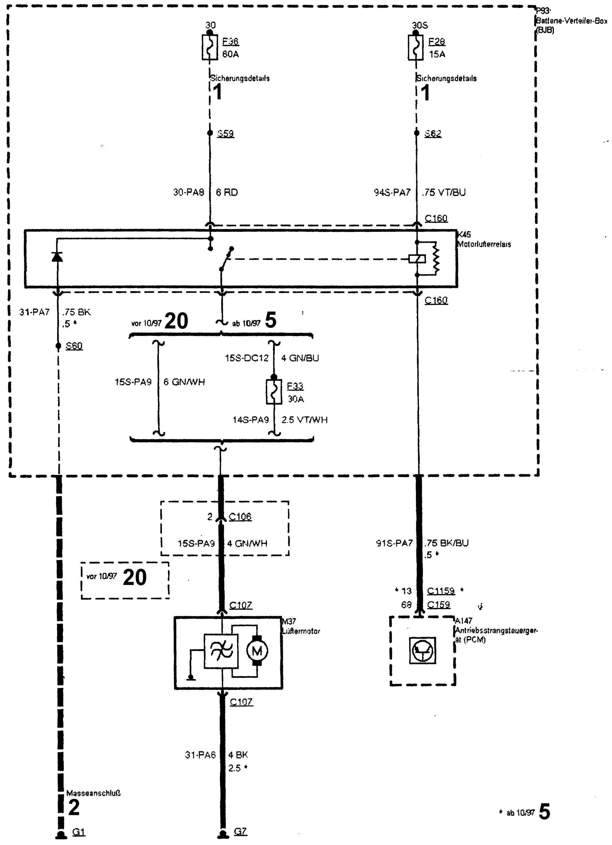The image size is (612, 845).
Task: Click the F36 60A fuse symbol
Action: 210,47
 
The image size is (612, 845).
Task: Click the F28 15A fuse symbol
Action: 416,47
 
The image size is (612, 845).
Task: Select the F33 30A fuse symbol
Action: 274,392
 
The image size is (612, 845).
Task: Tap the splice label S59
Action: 225,133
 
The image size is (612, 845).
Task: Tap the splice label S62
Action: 433,133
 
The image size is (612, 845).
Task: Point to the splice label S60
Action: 74,346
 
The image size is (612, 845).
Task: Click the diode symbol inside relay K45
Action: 57,257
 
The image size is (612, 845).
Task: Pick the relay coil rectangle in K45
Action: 417,258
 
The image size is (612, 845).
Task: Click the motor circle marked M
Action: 257,651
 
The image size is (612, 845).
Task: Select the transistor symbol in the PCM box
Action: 422,650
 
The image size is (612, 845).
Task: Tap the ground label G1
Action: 79,832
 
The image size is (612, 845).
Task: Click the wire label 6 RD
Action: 227,192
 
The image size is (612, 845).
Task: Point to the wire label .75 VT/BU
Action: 444,192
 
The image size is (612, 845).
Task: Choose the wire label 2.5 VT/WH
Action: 304,420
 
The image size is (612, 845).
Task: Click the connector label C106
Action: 240,516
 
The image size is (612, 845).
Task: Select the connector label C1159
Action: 441,591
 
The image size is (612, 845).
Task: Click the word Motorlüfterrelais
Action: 484,244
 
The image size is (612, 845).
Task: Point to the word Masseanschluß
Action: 93,793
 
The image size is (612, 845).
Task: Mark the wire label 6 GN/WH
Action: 184,382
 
